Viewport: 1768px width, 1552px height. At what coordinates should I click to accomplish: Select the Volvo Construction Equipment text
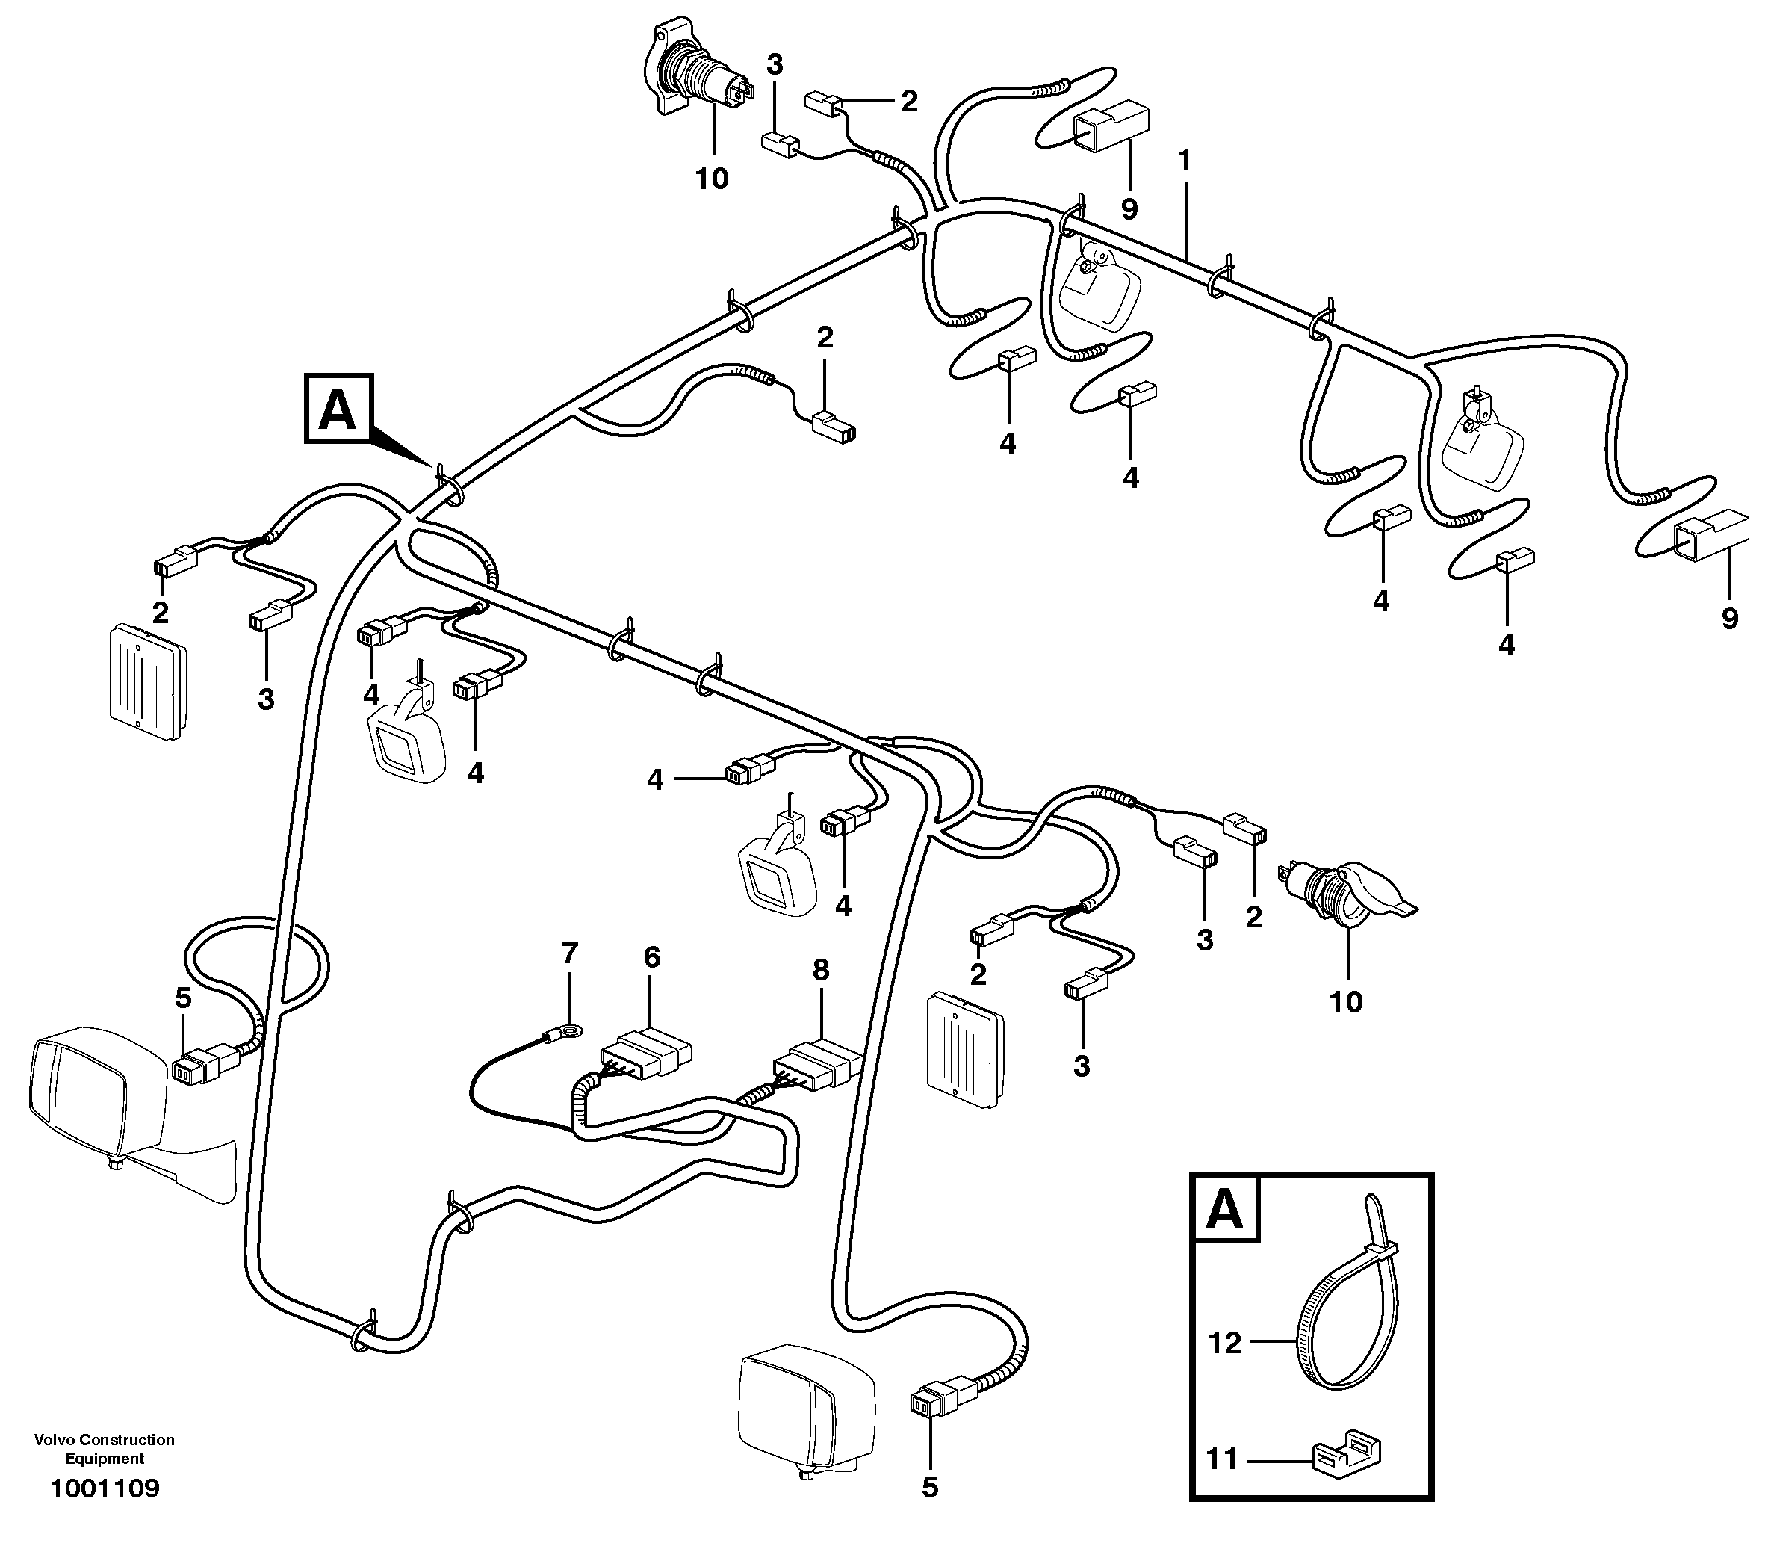105,1449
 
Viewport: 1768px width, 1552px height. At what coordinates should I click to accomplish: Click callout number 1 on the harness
1184,161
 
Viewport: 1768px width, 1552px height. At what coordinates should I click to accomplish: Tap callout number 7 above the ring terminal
568,953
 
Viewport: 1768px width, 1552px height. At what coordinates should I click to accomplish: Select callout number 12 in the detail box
1225,1343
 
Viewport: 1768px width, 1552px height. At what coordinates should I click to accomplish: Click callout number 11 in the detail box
1222,1459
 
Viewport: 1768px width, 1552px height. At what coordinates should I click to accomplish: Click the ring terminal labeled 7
569,1030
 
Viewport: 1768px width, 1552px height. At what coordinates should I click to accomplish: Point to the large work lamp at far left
95,1090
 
